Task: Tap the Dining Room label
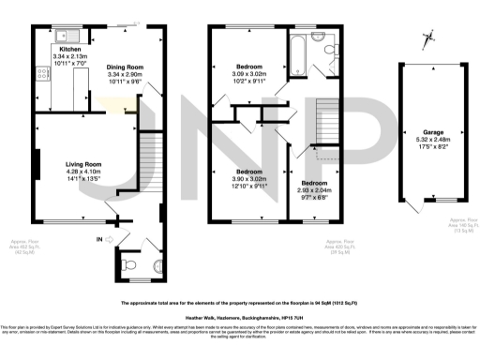[123, 67]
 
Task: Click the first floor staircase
[325, 116]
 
